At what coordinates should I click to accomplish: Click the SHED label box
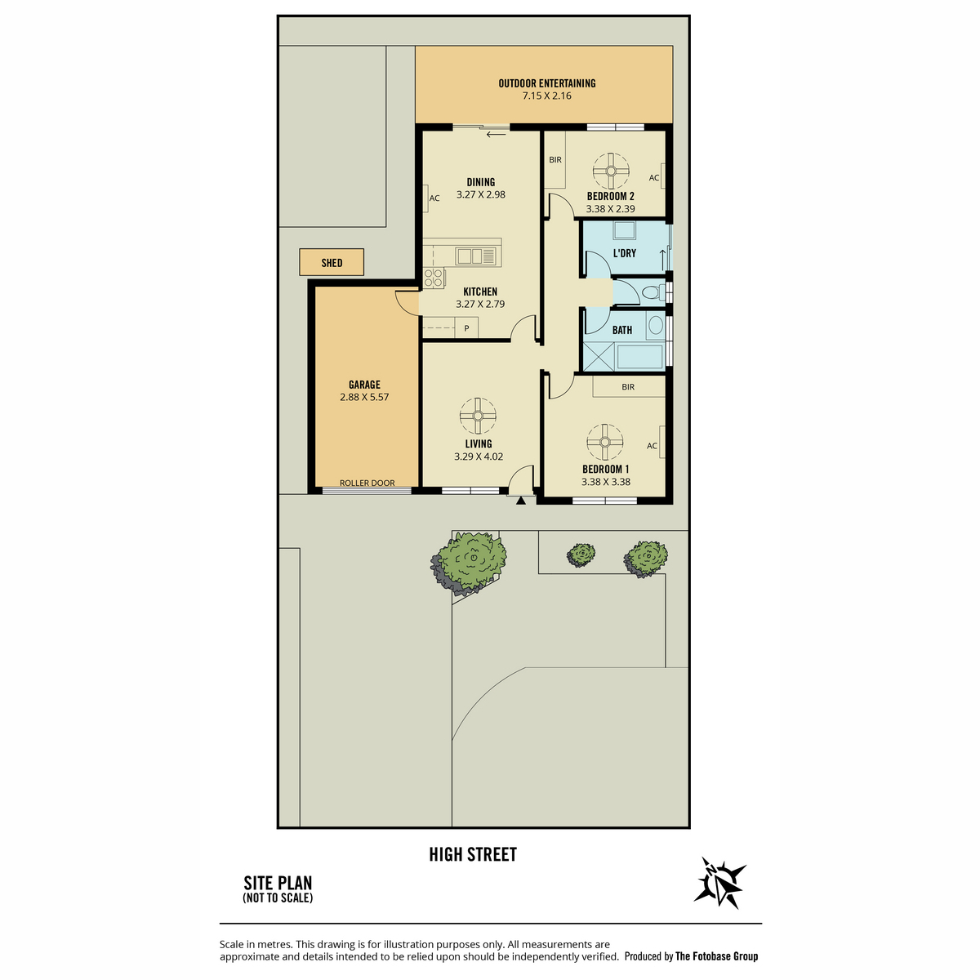click(331, 262)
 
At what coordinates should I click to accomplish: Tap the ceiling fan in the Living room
click(478, 416)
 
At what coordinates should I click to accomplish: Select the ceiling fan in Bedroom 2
click(611, 171)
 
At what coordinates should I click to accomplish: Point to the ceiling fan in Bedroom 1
click(604, 442)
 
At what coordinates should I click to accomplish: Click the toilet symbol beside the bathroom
click(653, 292)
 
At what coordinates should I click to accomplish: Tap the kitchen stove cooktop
click(434, 278)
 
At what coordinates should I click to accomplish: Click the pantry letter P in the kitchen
click(466, 328)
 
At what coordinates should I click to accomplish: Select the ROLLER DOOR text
click(367, 483)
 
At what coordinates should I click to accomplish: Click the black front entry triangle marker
click(521, 501)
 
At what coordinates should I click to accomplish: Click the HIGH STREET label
click(473, 854)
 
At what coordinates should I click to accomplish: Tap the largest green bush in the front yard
click(471, 560)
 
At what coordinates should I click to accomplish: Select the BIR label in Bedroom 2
click(555, 160)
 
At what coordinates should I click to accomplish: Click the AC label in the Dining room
click(434, 198)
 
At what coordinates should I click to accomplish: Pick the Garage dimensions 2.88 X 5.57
click(364, 397)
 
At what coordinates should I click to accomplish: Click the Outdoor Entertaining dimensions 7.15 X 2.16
click(546, 96)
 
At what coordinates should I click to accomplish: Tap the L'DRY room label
click(625, 252)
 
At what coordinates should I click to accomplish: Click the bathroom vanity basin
click(656, 325)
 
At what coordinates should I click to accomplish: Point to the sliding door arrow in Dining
click(496, 134)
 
